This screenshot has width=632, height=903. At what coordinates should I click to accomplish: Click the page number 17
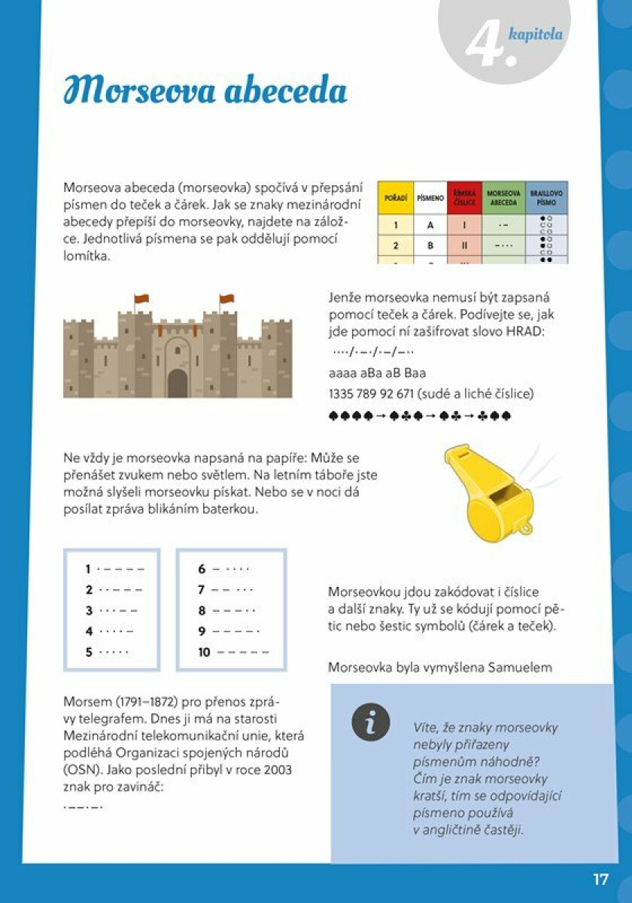tap(600, 879)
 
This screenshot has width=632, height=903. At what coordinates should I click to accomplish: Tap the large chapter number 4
tap(488, 44)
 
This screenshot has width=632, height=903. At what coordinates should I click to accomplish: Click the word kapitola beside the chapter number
tap(536, 33)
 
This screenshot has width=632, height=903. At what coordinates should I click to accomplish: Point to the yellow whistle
tap(491, 493)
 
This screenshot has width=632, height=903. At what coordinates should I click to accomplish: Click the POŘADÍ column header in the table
tap(396, 198)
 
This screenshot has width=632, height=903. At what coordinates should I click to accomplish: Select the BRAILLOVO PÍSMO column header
tap(546, 198)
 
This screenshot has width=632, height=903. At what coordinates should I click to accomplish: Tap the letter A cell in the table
tap(430, 224)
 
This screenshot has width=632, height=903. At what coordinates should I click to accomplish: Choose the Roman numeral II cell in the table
tap(466, 245)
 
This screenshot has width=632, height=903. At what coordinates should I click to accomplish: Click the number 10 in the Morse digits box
tap(205, 652)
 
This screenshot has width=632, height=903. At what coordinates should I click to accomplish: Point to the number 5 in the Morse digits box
tap(89, 652)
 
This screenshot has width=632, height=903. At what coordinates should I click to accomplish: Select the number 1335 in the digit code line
tap(342, 394)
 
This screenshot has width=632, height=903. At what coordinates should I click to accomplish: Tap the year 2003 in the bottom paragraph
tap(277, 771)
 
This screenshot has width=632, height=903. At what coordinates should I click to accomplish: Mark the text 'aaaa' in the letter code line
tap(342, 372)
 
